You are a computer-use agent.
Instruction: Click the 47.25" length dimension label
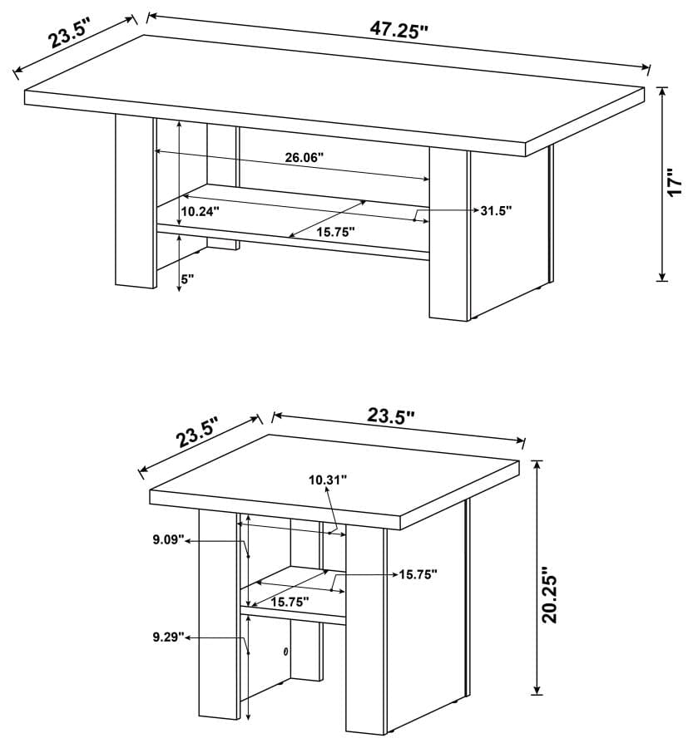click(x=398, y=30)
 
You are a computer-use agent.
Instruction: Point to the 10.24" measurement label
click(x=200, y=211)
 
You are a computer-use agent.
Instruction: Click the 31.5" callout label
click(x=496, y=210)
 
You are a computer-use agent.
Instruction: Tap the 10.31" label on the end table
click(x=327, y=479)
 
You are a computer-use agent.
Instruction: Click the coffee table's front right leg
click(x=449, y=233)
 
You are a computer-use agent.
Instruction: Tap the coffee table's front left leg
click(x=134, y=199)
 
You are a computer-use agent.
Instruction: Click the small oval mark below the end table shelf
click(x=285, y=652)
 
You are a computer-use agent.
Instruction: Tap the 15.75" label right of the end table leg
click(x=418, y=574)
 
